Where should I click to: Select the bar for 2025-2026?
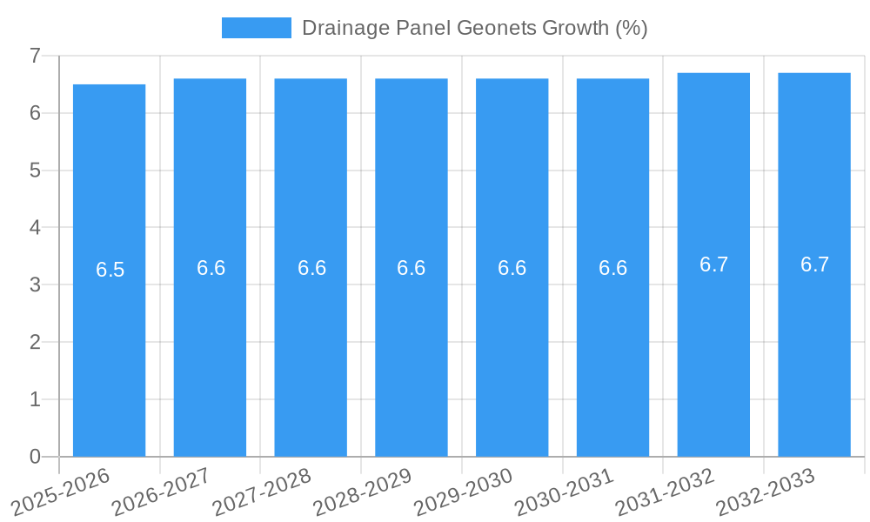pyautogui.click(x=109, y=348)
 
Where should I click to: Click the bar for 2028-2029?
pyautogui.click(x=412, y=348)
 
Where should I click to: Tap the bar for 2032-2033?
pyautogui.click(x=814, y=348)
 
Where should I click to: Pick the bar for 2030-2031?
pyautogui.click(x=612, y=348)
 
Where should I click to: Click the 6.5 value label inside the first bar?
pyautogui.click(x=110, y=270)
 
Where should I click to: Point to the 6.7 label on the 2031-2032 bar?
pyautogui.click(x=713, y=264)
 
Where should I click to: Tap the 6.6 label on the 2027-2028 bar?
pyautogui.click(x=311, y=268)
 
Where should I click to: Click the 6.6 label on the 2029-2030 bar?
pyautogui.click(x=512, y=268)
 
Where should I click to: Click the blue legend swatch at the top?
pyautogui.click(x=256, y=28)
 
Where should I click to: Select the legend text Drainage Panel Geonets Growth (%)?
pyautogui.click(x=474, y=28)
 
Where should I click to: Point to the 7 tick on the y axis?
pyautogui.click(x=35, y=56)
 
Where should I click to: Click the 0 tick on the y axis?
pyautogui.click(x=35, y=457)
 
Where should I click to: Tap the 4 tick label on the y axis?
pyautogui.click(x=35, y=228)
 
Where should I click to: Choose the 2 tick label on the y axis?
pyautogui.click(x=35, y=342)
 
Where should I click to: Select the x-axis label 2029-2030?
pyautogui.click(x=464, y=492)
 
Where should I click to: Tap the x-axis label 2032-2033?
pyautogui.click(x=766, y=492)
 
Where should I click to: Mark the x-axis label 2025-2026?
pyautogui.click(x=62, y=492)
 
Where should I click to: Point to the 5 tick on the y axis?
pyautogui.click(x=35, y=171)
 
